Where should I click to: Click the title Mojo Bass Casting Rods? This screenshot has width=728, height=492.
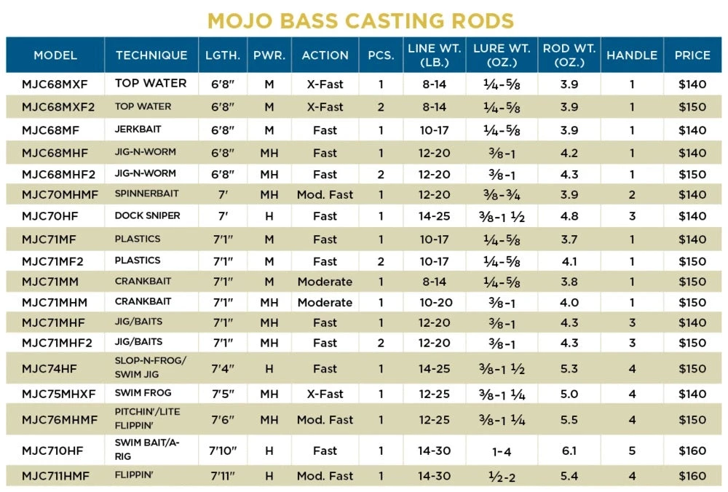360,20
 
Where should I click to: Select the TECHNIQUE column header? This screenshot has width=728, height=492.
151,55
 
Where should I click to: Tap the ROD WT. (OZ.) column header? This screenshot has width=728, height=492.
569,55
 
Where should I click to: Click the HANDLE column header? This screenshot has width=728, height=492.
631,55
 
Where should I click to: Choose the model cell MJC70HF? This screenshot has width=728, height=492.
50,216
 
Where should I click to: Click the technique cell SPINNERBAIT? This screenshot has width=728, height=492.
146,194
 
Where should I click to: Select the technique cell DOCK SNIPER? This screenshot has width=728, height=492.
147,216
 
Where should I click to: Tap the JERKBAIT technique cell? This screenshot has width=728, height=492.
138,130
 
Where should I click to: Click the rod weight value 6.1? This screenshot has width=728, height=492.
569,451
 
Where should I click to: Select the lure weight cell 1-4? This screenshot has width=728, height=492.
502,451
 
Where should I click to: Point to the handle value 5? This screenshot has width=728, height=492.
632,451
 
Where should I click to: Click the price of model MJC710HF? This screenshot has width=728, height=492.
692,451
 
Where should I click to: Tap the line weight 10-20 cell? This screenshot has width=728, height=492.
435,302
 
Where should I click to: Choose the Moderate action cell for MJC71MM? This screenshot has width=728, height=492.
325,282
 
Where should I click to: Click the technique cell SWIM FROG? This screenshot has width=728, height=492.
143,394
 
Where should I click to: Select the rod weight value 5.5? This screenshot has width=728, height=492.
569,419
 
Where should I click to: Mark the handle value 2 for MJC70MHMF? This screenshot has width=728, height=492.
632,194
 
